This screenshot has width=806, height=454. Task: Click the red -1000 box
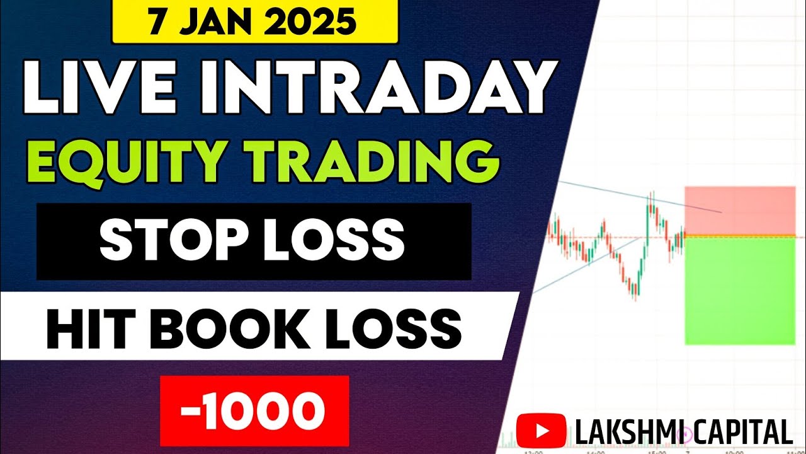click(254, 410)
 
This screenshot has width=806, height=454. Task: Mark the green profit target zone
click(739, 291)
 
